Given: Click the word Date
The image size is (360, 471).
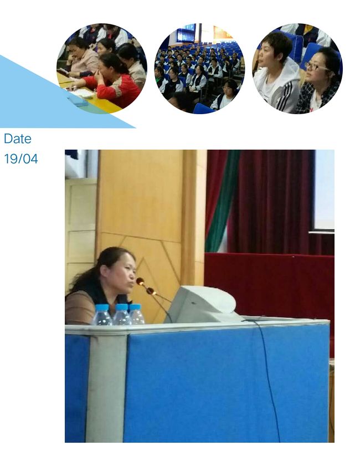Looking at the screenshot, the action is [x=18, y=139].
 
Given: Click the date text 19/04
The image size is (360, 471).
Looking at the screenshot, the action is [x=21, y=158].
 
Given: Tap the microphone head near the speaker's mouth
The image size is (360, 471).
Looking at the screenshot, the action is [x=140, y=281].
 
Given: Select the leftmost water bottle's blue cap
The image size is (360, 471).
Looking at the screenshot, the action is [x=102, y=308].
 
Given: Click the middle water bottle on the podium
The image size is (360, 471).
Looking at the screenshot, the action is [x=122, y=315].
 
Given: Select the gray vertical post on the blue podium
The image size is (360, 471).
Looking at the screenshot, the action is [x=106, y=388].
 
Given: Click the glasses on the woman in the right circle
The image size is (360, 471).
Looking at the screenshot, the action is [x=316, y=66].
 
